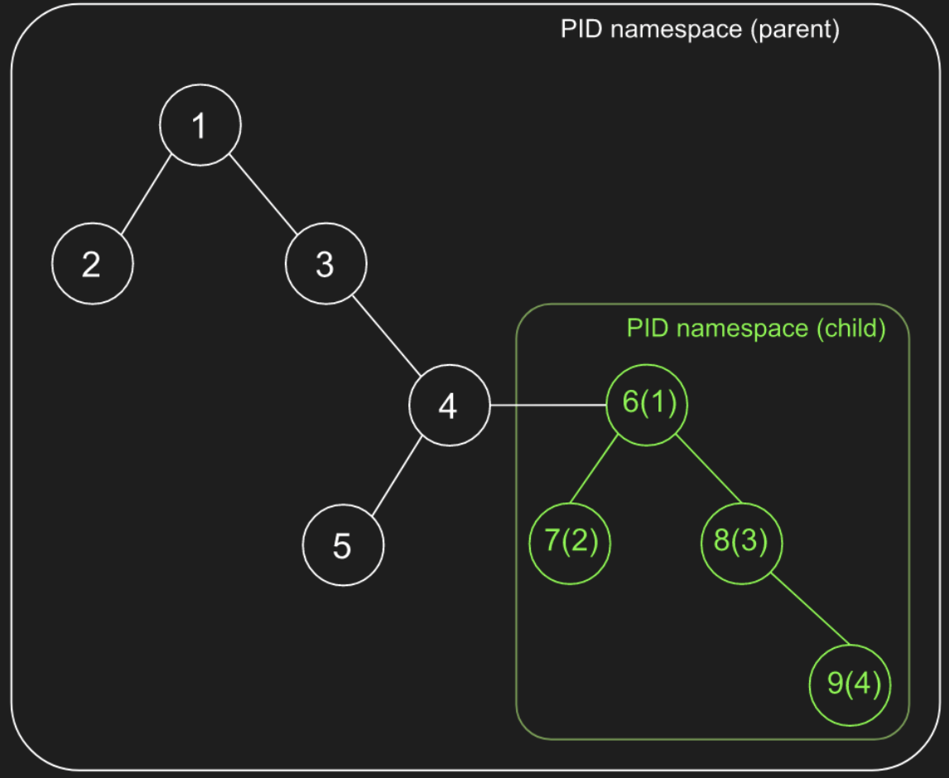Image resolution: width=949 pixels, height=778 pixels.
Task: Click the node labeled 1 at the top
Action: click(x=200, y=125)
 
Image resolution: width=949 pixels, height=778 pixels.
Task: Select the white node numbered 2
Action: click(x=92, y=265)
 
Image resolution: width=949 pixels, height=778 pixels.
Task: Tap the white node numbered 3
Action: click(x=325, y=265)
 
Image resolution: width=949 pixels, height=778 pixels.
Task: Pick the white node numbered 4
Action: click(x=448, y=406)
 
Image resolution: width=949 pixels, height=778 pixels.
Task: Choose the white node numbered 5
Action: click(x=343, y=545)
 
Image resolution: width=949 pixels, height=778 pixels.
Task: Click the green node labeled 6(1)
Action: click(x=648, y=404)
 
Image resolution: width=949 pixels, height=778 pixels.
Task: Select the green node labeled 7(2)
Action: click(x=570, y=544)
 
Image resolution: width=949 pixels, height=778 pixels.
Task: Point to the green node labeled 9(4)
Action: click(x=850, y=684)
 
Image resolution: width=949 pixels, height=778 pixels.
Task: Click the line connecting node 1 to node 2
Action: click(x=147, y=195)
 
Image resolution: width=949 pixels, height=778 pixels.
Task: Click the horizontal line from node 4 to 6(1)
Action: click(x=547, y=406)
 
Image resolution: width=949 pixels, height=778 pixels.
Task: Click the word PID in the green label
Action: click(x=647, y=329)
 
